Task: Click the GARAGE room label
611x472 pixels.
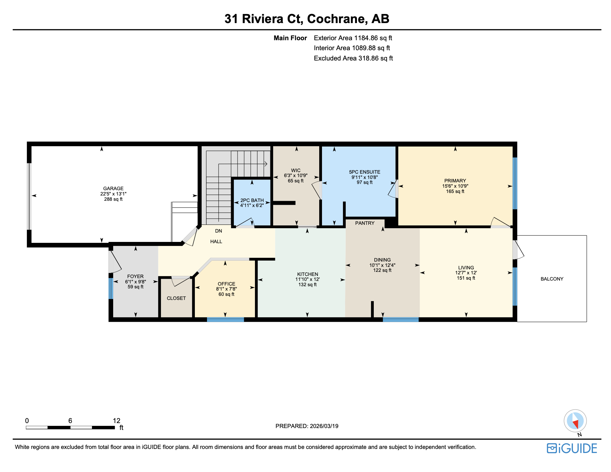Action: [x=113, y=188]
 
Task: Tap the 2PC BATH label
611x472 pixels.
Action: [x=252, y=200]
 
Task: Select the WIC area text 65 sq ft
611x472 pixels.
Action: [x=296, y=181]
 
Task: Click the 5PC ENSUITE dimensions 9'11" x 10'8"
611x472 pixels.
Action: [x=364, y=177]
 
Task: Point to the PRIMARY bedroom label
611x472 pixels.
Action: [x=455, y=181]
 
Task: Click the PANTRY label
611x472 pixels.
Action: [x=365, y=223]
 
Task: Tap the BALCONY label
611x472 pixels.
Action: [x=552, y=279]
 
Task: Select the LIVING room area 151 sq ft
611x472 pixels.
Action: [x=466, y=278]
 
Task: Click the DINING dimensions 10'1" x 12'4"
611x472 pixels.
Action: [x=382, y=265]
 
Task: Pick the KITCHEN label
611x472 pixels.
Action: [x=307, y=274]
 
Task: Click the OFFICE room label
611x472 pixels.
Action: [x=226, y=284]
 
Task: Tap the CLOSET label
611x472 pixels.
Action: [x=176, y=298]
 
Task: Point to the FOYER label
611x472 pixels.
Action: [x=135, y=276]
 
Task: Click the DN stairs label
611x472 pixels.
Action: [x=219, y=231]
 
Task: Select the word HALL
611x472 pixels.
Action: [x=216, y=241]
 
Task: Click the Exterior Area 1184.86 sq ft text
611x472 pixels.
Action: [x=353, y=38]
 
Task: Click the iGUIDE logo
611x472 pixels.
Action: [x=572, y=448]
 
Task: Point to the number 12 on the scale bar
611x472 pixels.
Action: [x=116, y=421]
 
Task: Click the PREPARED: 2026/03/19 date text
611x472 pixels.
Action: [x=307, y=426]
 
